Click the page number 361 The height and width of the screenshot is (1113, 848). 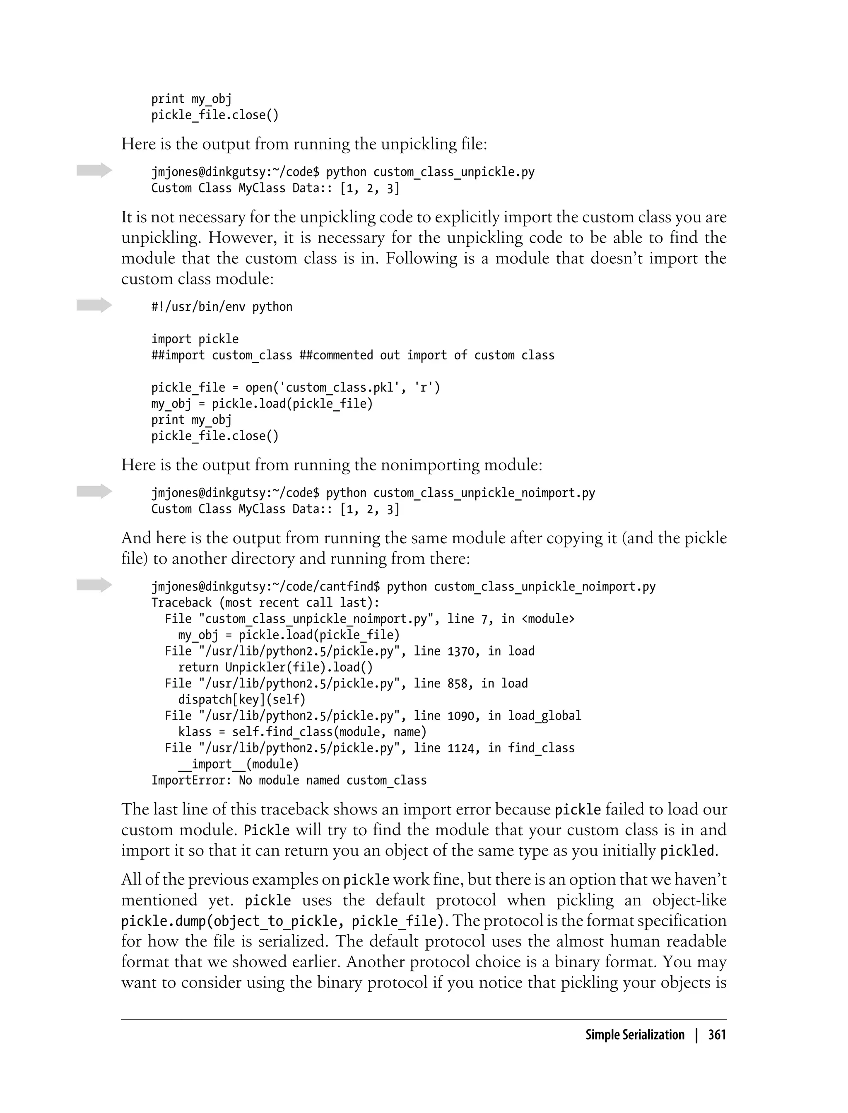click(717, 1035)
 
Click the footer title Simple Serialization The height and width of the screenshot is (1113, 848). click(634, 1035)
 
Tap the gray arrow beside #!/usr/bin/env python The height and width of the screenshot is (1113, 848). click(94, 305)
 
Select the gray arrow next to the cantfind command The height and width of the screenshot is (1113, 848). click(94, 585)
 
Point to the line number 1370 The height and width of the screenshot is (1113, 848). click(460, 651)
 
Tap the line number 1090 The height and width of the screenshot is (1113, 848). click(460, 716)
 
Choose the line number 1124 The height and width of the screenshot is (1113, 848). click(460, 748)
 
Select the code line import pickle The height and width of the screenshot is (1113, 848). click(195, 339)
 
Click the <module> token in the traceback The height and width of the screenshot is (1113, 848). click(548, 619)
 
